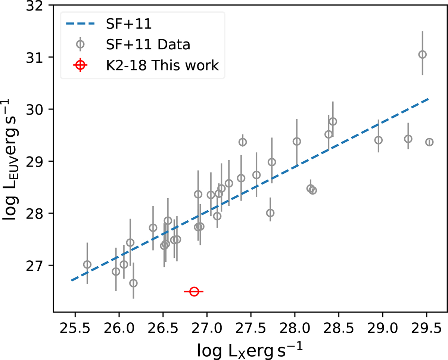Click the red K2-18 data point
[x=193, y=292]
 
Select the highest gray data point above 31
[x=422, y=55]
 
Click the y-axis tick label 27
[x=37, y=265]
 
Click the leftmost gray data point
[x=87, y=264]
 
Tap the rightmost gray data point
[x=429, y=142]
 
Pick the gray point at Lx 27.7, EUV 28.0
[x=270, y=213]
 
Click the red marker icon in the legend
[x=80, y=65]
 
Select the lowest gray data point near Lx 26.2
[x=133, y=283]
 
